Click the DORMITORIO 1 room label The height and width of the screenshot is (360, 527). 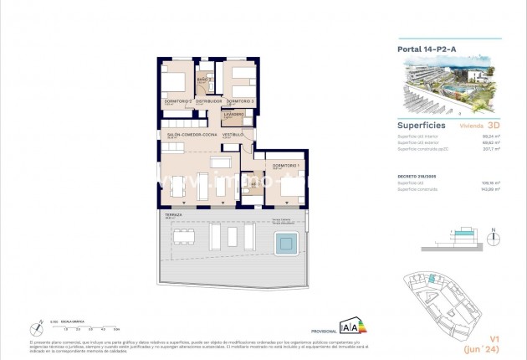(x=284, y=164)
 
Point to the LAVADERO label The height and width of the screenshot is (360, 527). (x=233, y=113)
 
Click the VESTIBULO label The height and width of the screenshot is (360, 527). (x=233, y=134)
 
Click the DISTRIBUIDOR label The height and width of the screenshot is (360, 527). (x=208, y=101)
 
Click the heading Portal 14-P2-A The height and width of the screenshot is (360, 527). (x=427, y=49)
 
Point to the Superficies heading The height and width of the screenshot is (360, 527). (x=420, y=124)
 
